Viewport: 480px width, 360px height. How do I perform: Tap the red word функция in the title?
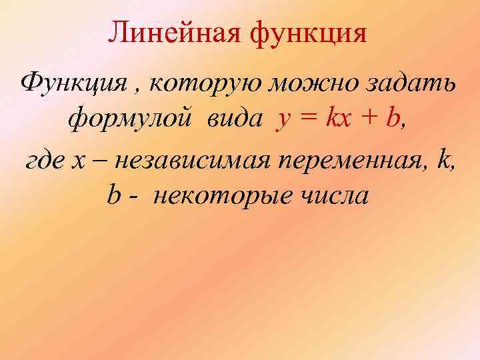click(x=309, y=33)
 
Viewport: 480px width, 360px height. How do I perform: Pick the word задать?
click(x=413, y=85)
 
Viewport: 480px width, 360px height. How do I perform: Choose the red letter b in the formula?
click(x=394, y=119)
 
